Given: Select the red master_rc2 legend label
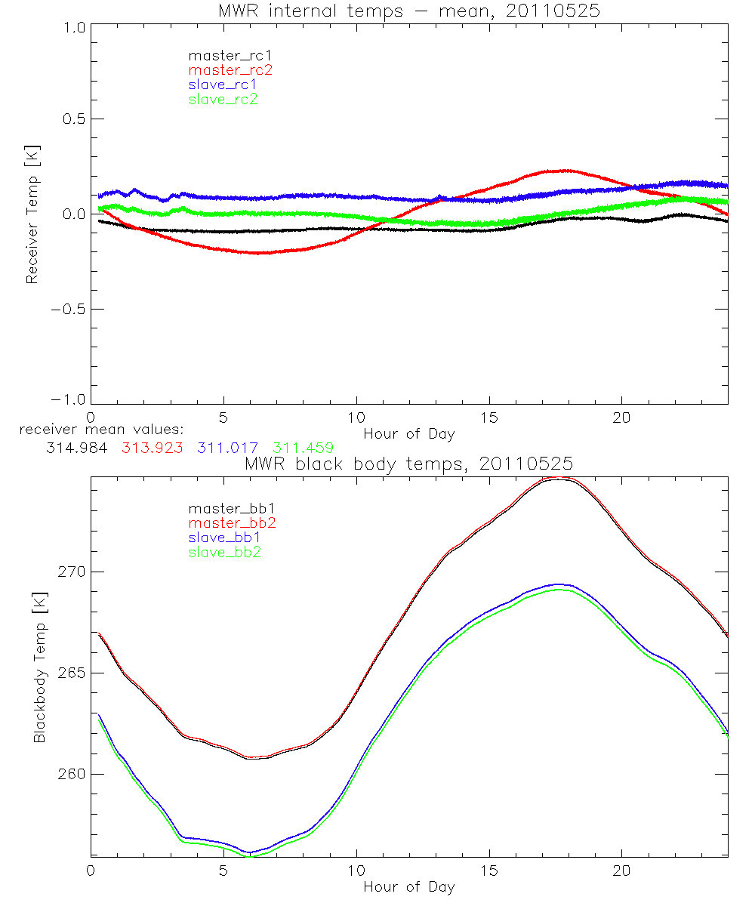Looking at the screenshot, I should pos(230,70).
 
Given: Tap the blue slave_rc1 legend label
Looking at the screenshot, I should pos(223,85).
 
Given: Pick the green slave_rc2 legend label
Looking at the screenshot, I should pos(223,99).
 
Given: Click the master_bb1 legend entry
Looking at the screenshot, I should pos(223,509).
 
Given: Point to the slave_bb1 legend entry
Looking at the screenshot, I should pos(223,538).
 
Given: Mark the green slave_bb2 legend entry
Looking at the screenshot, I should pos(223,552).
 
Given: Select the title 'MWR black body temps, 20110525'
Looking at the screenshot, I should pos(408,464).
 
